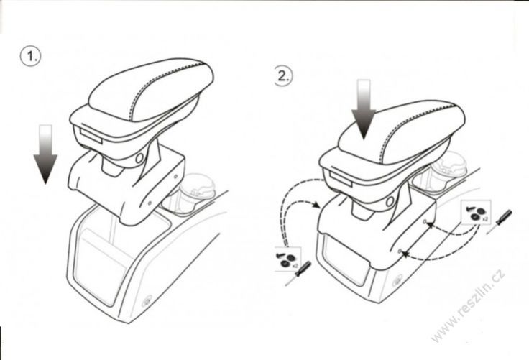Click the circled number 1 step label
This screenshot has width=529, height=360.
coord(30,56)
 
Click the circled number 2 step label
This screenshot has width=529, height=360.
coord(282,76)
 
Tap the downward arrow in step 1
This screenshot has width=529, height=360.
coord(45,154)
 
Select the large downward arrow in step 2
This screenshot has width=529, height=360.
coord(364,109)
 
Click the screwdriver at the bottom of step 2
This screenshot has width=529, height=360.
coord(298,273)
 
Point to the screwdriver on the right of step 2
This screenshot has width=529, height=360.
coord(500,221)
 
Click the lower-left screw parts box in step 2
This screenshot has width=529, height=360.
coord(287,259)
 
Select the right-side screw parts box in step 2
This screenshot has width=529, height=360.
coord(477,212)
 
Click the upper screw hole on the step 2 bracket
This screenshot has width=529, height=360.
coord(425,221)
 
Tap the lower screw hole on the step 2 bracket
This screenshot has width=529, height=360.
coord(400,251)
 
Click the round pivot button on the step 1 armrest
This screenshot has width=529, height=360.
coord(139,158)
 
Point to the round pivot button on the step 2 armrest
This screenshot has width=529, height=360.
coord(390,202)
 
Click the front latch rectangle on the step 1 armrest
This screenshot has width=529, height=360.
coord(91,137)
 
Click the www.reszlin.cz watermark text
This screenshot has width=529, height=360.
coord(469,305)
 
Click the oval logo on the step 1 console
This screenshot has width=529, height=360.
coord(147,301)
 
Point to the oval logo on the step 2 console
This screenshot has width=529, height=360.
coord(397,281)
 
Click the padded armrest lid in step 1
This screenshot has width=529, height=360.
coord(151,90)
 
